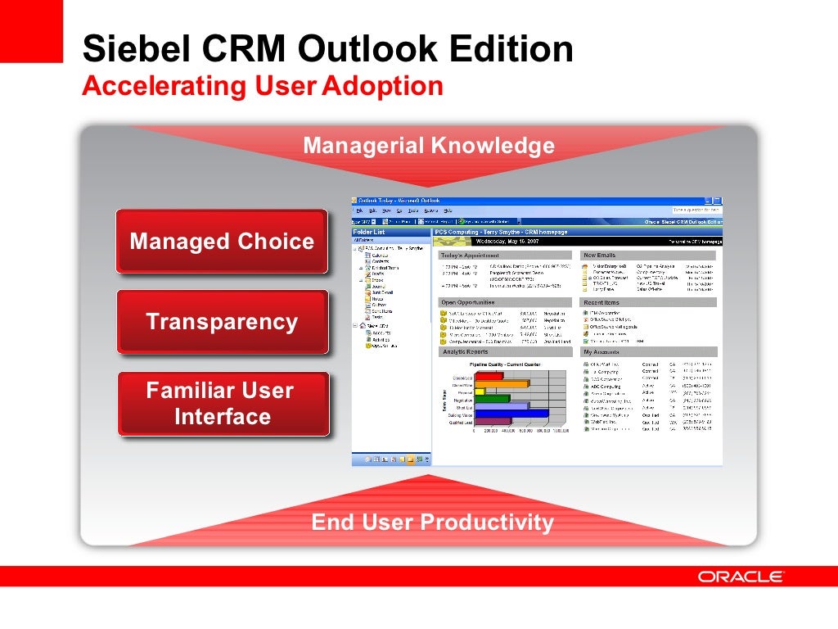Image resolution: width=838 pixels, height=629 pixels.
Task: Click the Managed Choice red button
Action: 222,242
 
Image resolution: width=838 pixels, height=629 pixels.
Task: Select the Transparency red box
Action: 222,322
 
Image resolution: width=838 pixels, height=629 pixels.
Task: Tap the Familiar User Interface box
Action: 222,404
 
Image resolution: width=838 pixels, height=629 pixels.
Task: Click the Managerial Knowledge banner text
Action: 429,146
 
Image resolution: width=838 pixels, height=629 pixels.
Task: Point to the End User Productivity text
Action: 432,523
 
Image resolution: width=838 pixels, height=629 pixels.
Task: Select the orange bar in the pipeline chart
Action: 502,382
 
